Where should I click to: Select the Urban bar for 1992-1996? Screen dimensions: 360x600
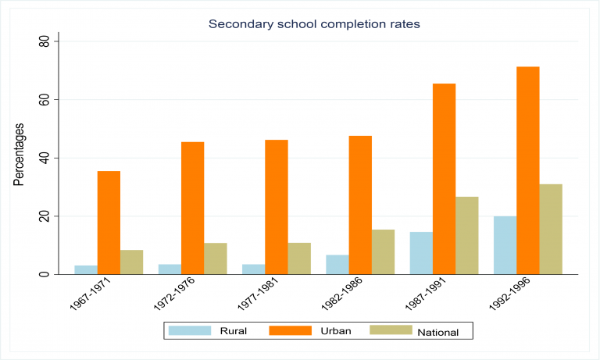point(527,170)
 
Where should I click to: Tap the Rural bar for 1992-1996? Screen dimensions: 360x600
point(505,245)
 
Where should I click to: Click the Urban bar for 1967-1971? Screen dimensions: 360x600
point(109,223)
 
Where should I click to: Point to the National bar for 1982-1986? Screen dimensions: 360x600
point(383,251)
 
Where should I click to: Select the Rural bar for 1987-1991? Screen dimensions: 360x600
point(420,253)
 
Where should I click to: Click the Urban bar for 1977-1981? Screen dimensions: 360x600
point(276,207)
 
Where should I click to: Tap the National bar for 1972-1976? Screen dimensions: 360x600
point(215,258)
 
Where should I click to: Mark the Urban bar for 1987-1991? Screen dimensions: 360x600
point(444,179)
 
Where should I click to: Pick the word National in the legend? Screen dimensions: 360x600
point(437,332)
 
